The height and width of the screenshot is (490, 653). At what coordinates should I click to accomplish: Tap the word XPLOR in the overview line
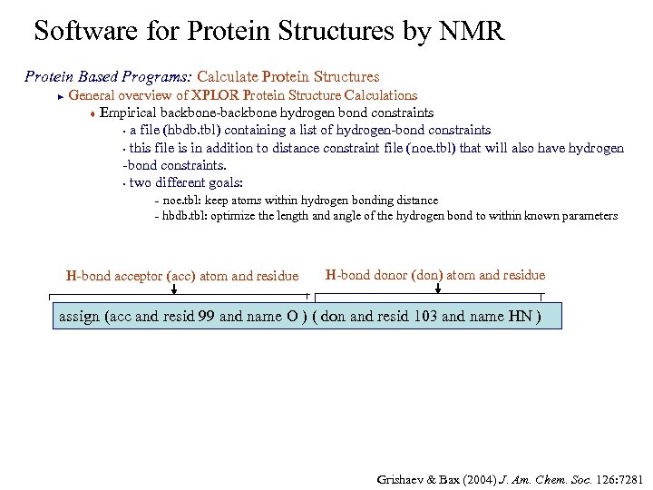(x=217, y=95)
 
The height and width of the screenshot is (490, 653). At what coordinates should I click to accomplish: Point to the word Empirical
(x=131, y=113)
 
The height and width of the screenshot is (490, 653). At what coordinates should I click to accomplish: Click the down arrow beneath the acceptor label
(x=174, y=289)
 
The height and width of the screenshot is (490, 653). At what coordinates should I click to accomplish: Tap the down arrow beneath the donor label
(x=438, y=289)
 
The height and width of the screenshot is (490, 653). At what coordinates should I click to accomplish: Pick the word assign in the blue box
(x=79, y=317)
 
